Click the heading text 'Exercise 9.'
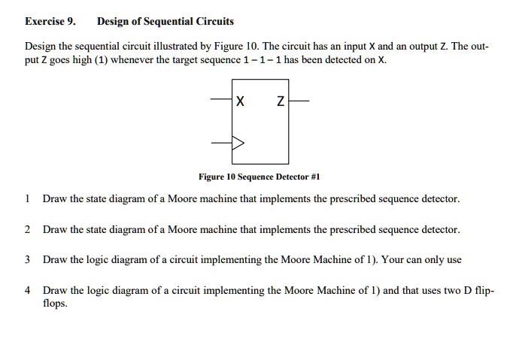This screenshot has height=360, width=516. (x=50, y=21)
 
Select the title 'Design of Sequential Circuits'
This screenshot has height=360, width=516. (x=165, y=21)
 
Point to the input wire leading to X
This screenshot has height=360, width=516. (x=222, y=100)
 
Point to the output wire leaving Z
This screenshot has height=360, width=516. (x=298, y=100)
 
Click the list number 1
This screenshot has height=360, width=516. (x=27, y=199)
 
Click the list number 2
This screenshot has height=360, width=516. (x=27, y=229)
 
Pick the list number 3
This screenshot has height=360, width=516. (x=27, y=259)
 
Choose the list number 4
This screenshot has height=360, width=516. (x=27, y=289)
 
